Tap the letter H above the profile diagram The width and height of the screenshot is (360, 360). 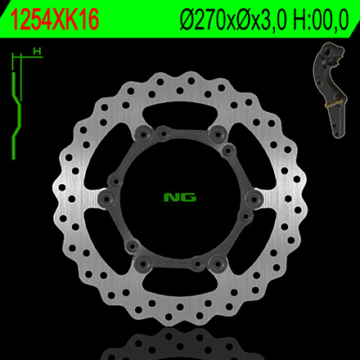point(38,51)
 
